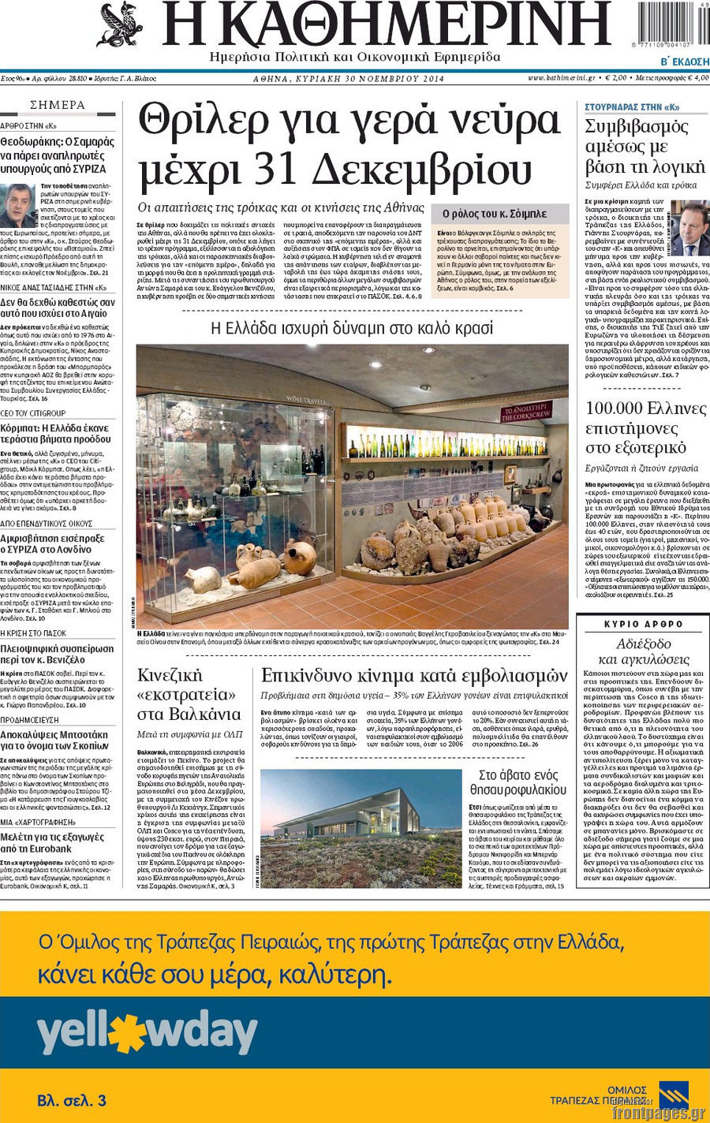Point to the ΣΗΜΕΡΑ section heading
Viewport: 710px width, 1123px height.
pos(58,105)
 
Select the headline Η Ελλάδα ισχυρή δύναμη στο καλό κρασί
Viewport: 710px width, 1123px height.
pos(353,328)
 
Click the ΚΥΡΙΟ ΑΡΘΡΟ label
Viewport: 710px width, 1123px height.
pos(643,624)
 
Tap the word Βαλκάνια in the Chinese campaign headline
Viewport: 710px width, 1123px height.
pos(189,714)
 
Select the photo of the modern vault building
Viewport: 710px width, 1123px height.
pos(361,828)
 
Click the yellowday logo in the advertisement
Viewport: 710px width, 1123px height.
pos(148,1035)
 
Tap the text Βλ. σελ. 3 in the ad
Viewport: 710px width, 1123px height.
pos(72,1100)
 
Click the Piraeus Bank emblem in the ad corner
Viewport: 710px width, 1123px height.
pos(673,1096)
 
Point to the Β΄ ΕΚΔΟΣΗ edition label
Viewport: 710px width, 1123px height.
pos(684,62)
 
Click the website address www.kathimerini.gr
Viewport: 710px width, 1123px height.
pos(561,78)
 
